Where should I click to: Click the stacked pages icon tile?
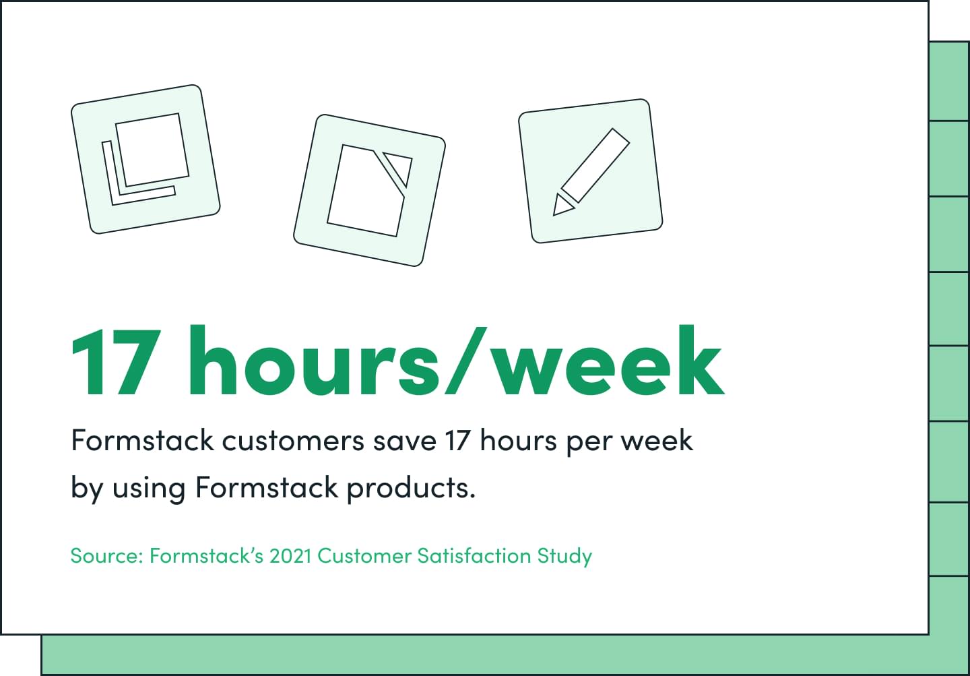(145, 159)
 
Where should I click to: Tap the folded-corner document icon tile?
(369, 190)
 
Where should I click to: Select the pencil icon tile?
(590, 171)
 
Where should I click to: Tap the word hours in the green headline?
(313, 361)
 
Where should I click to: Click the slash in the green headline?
(466, 361)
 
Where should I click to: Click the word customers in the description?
(293, 441)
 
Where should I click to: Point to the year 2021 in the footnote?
(290, 556)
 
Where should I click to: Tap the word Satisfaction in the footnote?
(474, 556)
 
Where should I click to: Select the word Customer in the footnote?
(364, 556)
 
